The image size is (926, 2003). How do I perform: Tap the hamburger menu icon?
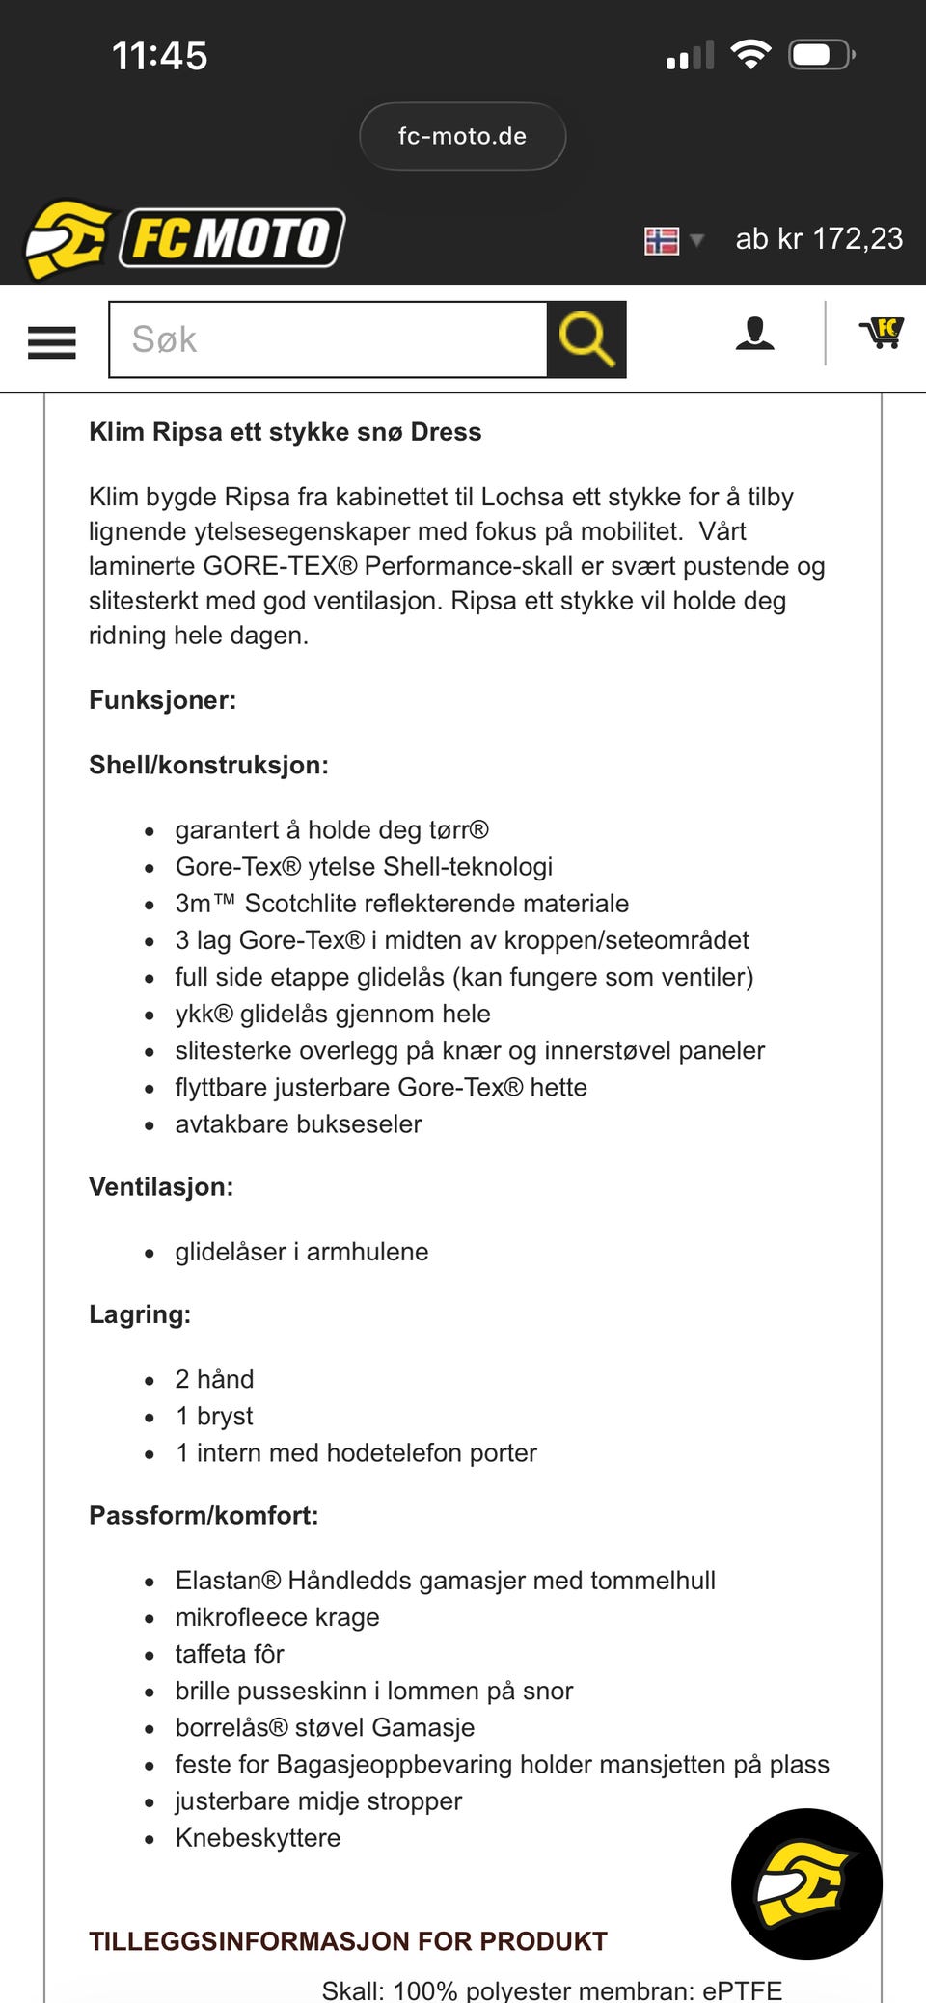pos(52,341)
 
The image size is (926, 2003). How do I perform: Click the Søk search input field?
pos(328,339)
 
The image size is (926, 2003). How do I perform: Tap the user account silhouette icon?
pos(754,334)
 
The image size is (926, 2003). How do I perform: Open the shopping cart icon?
pos(882,333)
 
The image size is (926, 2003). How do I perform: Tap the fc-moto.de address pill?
pos(462,136)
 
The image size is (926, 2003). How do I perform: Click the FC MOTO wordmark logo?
pos(231,237)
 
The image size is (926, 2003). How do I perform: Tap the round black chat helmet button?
pos(806,1882)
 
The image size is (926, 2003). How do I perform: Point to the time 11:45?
pos(160,56)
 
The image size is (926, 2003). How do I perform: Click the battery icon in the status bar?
pos(820,55)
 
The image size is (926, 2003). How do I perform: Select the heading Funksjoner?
pos(162,700)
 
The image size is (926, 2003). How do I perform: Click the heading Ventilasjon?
pos(161,1186)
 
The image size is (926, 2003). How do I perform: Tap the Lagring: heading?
pos(140,1314)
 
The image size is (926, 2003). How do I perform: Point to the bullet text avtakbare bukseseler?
pos(298,1124)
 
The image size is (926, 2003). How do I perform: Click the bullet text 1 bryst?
pos(214,1416)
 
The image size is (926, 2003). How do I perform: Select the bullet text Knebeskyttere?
pos(258,1838)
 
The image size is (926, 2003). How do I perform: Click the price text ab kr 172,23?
pos(819,238)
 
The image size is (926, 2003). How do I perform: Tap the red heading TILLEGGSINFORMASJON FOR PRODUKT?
pos(348,1941)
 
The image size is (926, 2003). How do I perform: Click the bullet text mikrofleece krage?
pos(277,1617)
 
